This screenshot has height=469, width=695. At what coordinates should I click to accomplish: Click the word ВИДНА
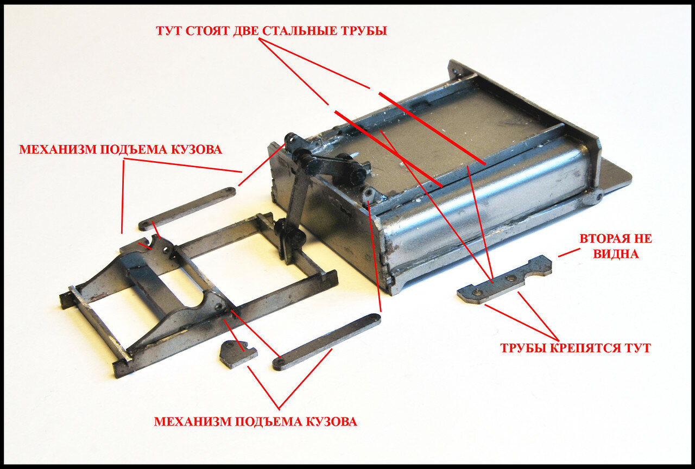tap(616, 253)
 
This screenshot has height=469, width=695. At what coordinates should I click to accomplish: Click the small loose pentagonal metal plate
tap(237, 354)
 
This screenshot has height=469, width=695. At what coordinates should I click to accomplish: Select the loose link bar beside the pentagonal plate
tap(326, 342)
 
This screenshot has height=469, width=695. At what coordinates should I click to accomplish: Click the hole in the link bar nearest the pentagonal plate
tap(281, 362)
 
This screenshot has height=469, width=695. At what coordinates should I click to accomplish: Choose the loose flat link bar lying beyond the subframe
tap(187, 209)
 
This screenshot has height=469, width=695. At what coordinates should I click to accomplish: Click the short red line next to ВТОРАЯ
tap(569, 252)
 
